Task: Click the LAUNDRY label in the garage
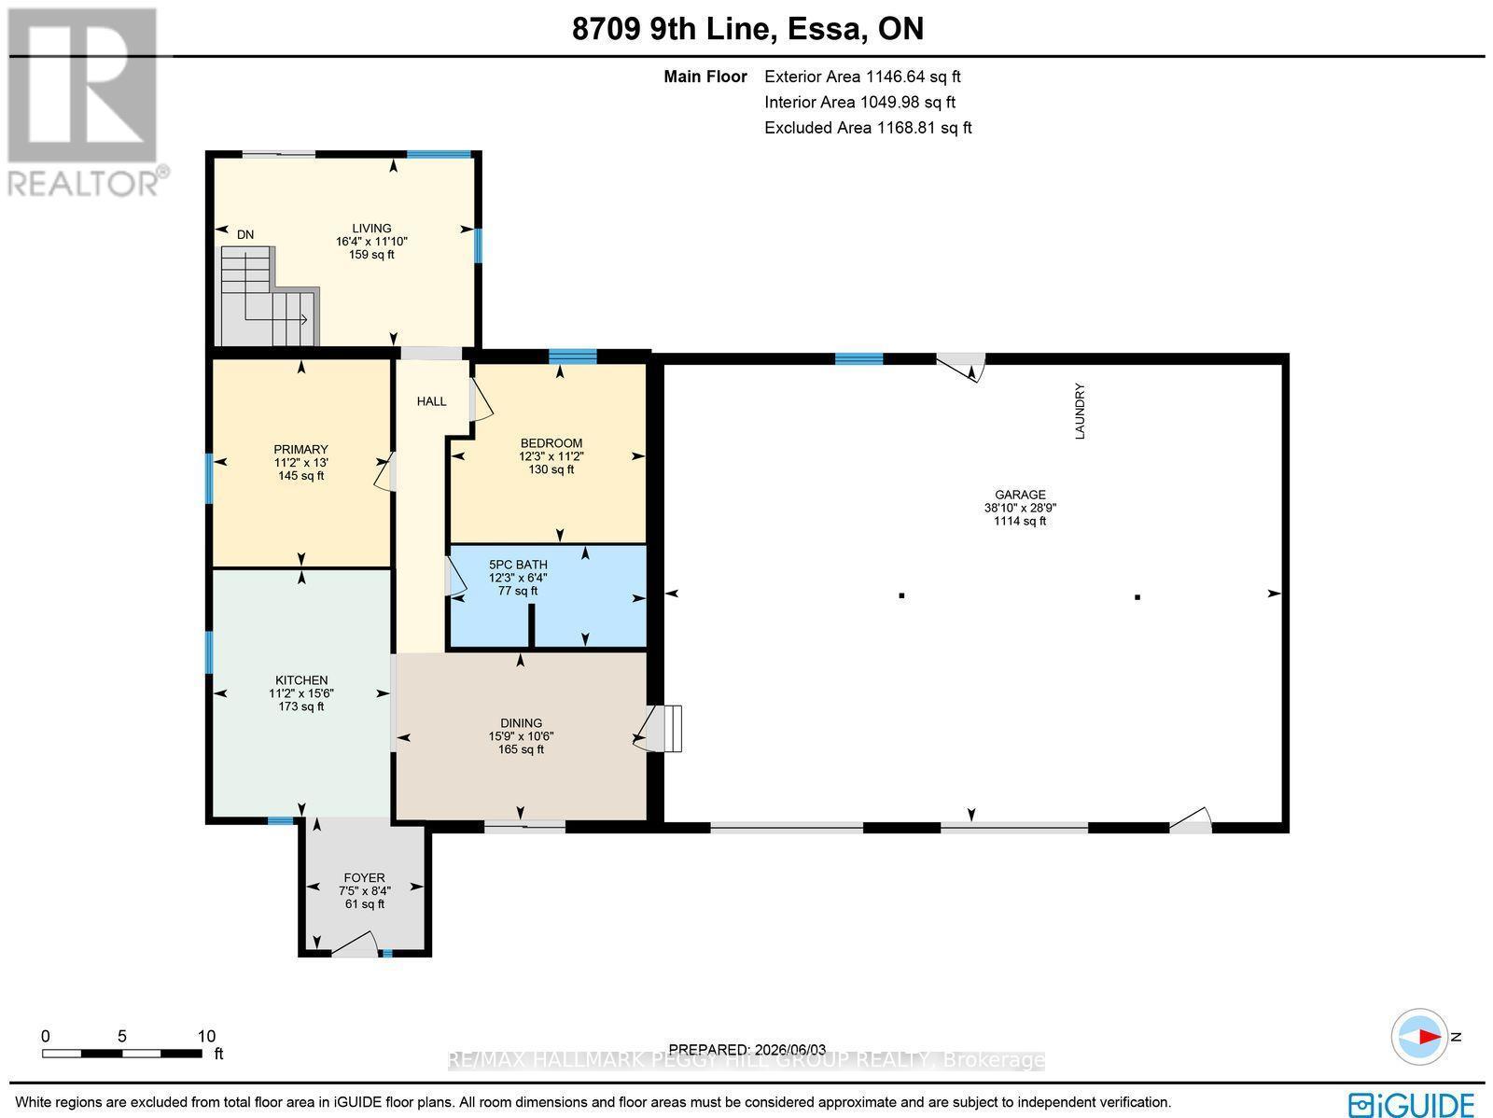pos(1080,411)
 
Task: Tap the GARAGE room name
pos(1020,495)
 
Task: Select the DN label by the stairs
pos(244,234)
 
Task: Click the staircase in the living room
pos(268,297)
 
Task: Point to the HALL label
pos(431,401)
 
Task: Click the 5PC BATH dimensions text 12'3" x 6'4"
pos(518,578)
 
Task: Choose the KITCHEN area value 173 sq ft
pos(301,706)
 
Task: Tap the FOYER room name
pos(365,878)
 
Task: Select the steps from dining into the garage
pos(663,728)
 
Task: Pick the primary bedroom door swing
pos(385,472)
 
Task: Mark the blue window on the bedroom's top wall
pos(573,356)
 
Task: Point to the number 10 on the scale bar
pos(207,1036)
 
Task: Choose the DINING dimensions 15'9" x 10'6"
pos(521,735)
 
